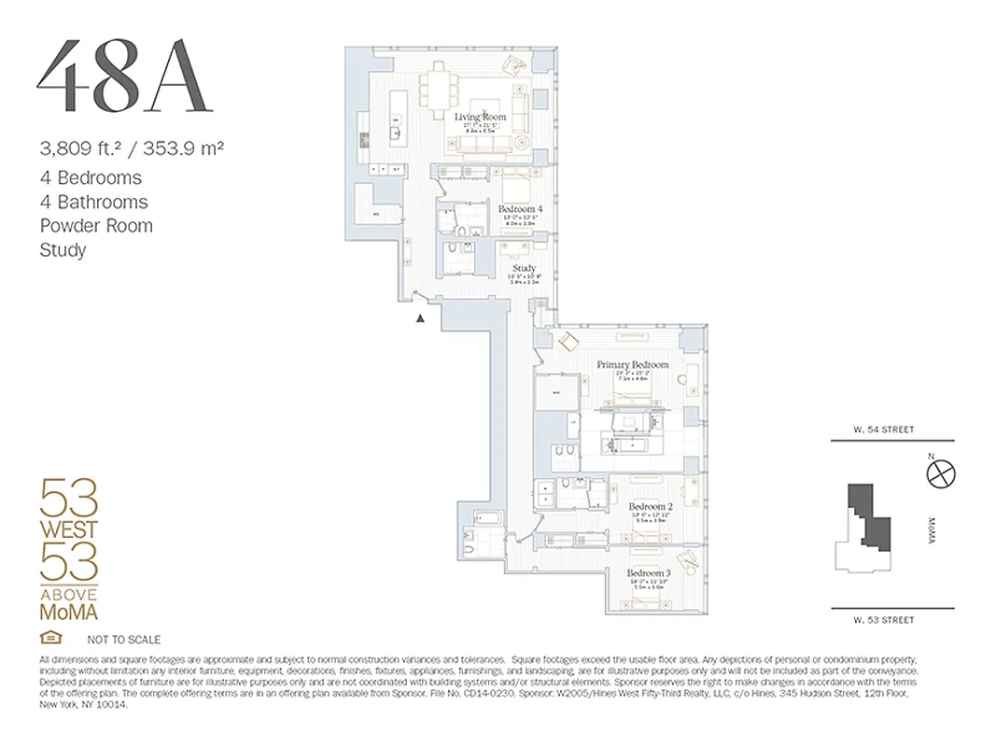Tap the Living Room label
pyautogui.click(x=480, y=117)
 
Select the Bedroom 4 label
pyautogui.click(x=520, y=208)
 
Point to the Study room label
pyautogui.click(x=524, y=268)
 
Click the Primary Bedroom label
pyautogui.click(x=633, y=364)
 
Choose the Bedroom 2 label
pyautogui.click(x=650, y=506)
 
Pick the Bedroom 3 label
pyautogui.click(x=649, y=572)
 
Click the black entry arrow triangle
pyautogui.click(x=421, y=318)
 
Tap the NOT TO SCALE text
pyautogui.click(x=123, y=640)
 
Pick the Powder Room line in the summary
pyautogui.click(x=96, y=226)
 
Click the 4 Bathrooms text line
pyautogui.click(x=93, y=202)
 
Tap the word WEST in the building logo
pyautogui.click(x=67, y=529)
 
